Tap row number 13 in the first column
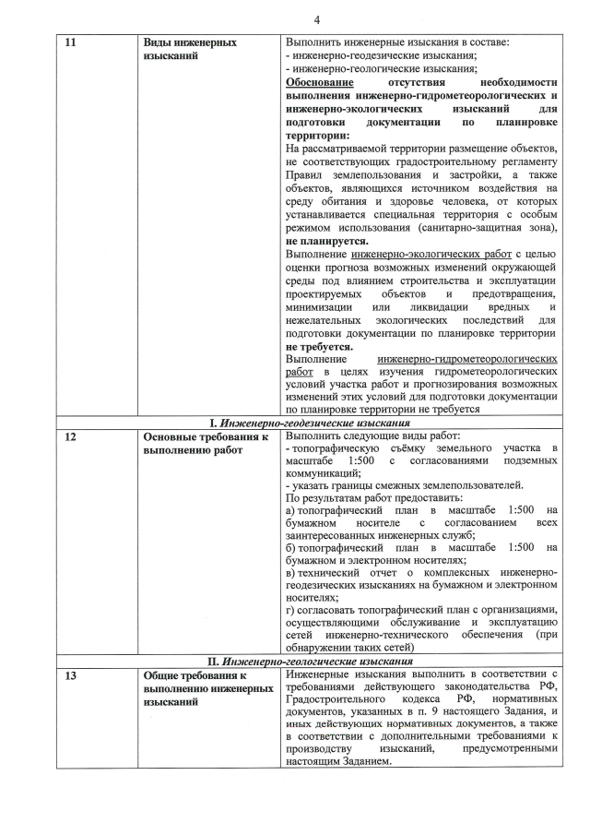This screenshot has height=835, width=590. point(67,676)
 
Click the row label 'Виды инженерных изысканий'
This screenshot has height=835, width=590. point(190,50)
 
